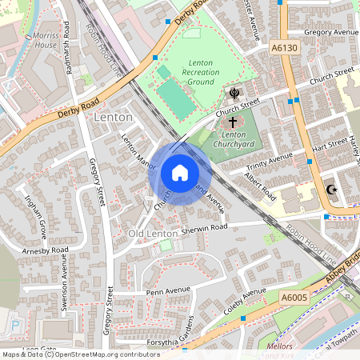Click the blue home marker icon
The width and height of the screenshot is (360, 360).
click(x=180, y=173)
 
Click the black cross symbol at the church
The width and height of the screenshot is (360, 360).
click(x=233, y=122)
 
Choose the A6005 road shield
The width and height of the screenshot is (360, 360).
click(x=294, y=298)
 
